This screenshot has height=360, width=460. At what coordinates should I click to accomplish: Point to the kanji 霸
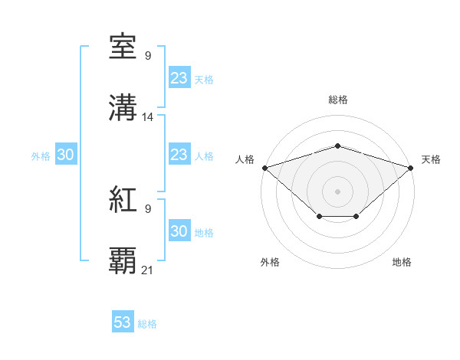coord(123,260)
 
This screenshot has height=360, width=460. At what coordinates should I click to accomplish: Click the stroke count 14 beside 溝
coord(148,117)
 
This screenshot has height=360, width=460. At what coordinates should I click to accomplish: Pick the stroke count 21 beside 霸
coord(148,270)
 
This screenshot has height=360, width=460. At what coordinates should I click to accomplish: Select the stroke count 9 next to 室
coord(147,55)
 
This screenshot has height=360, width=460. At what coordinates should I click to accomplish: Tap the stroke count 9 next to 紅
coord(147,208)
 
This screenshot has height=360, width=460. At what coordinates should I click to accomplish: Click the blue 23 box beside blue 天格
coord(179,78)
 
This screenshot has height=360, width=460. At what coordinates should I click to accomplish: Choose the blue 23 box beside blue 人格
coord(179,155)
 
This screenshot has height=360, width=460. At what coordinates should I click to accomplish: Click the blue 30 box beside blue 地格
coord(179,231)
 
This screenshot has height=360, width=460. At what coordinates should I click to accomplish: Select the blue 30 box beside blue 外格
coord(66,155)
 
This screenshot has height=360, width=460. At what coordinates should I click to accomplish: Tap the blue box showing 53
coord(123,322)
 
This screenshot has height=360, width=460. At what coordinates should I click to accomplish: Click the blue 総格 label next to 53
coord(147,324)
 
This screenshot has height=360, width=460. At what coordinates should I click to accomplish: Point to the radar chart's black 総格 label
coord(337,100)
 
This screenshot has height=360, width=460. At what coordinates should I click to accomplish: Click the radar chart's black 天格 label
coord(431,159)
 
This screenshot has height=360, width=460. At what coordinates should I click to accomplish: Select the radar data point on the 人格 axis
coord(264,167)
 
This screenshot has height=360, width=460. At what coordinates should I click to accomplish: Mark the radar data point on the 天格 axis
coord(411,167)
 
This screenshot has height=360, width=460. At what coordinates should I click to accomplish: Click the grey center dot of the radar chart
coord(337,191)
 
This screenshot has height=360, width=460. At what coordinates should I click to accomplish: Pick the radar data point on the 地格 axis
coord(356,217)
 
